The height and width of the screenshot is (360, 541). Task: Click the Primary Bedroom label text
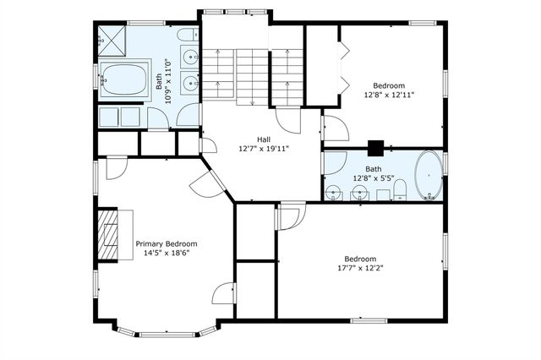tap(167, 244)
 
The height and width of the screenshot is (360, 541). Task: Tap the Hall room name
tap(264, 139)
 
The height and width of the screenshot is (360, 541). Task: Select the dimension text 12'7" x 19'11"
tap(264, 149)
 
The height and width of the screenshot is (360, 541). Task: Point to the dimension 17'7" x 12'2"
tap(360, 268)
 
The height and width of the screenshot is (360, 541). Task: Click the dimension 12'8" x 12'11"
tap(389, 95)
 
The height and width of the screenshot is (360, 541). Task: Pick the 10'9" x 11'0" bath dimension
tap(168, 81)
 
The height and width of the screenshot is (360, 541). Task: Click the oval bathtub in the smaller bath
tap(429, 176)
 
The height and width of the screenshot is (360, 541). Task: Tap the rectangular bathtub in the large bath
tap(124, 79)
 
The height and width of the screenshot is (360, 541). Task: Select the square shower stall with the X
tap(112, 41)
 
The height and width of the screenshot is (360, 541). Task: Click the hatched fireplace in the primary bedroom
tap(108, 234)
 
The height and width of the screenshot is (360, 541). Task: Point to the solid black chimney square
tap(375, 148)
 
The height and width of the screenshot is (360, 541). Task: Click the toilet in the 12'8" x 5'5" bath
tap(400, 189)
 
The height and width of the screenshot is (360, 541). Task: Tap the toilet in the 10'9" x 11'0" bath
tap(188, 35)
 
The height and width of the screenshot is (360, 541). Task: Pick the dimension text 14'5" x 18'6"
tap(167, 254)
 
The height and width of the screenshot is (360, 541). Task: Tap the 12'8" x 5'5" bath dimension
tap(374, 178)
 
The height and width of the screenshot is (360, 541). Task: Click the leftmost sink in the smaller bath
tap(334, 193)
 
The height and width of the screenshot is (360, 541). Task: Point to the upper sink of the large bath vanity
tap(189, 55)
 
